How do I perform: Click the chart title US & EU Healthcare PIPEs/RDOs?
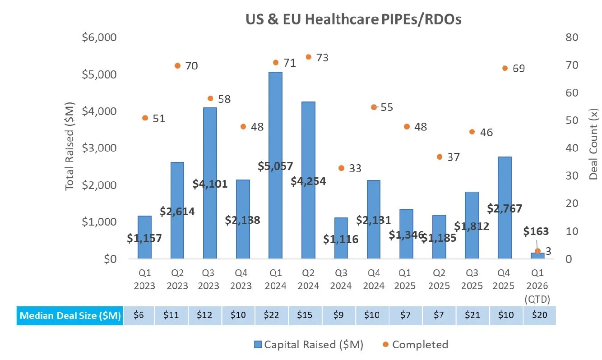(x=353, y=20)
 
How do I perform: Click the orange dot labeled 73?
(x=309, y=57)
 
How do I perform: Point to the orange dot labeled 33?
(x=341, y=168)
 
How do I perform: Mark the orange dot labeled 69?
(x=505, y=68)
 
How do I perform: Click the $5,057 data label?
(x=275, y=166)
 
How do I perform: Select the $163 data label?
(x=536, y=231)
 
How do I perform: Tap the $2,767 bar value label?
(x=505, y=208)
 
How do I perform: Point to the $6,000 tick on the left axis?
(x=99, y=37)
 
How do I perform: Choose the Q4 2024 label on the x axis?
(x=374, y=280)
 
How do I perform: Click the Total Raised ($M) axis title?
(x=69, y=148)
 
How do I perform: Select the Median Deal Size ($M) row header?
(x=69, y=315)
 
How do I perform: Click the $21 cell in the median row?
(x=472, y=315)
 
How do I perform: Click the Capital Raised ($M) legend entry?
(x=308, y=345)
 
